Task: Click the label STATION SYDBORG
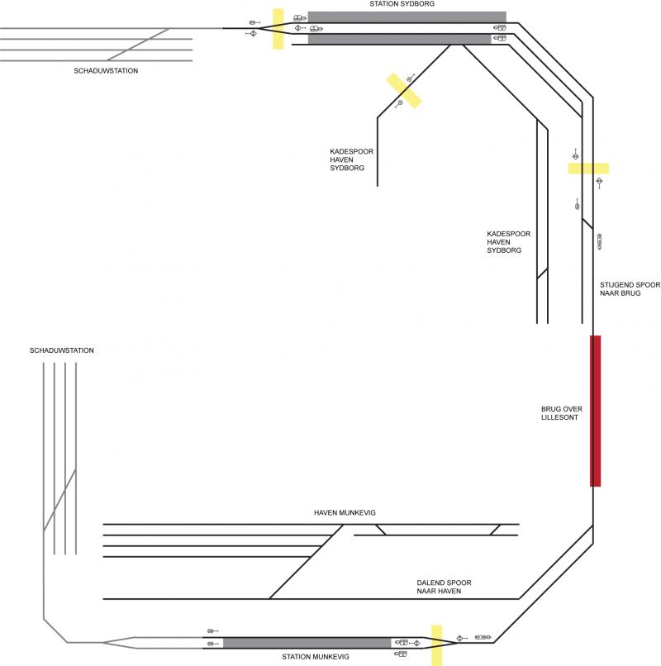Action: click(406, 4)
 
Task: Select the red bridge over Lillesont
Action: click(595, 410)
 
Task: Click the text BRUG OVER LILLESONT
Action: click(559, 413)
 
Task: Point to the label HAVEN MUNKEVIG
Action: click(345, 513)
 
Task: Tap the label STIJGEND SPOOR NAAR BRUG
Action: click(630, 288)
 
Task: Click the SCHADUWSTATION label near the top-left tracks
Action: click(106, 71)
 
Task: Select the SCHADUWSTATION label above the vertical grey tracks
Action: click(61, 350)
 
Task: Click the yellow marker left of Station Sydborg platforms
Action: click(278, 29)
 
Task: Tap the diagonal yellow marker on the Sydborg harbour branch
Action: click(405, 90)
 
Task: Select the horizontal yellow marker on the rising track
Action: click(588, 168)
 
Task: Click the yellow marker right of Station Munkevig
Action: click(436, 645)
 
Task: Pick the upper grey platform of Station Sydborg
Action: click(407, 17)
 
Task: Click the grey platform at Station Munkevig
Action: click(307, 642)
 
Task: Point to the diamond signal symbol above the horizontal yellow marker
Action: click(575, 155)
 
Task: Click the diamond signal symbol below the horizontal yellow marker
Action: click(601, 181)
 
